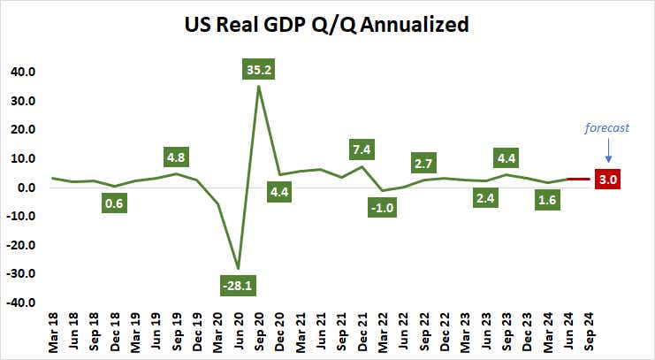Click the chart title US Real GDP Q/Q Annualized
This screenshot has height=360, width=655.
tap(327, 26)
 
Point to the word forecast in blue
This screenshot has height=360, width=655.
tap(607, 127)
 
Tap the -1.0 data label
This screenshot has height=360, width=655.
tap(384, 208)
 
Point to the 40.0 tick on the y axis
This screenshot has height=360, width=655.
tap(24, 72)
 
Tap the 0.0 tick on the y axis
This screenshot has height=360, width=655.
tap(27, 188)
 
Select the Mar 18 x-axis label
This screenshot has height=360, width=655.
tap(53, 333)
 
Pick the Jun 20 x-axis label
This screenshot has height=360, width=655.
tap(238, 333)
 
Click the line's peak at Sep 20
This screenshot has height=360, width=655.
tap(258, 86)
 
